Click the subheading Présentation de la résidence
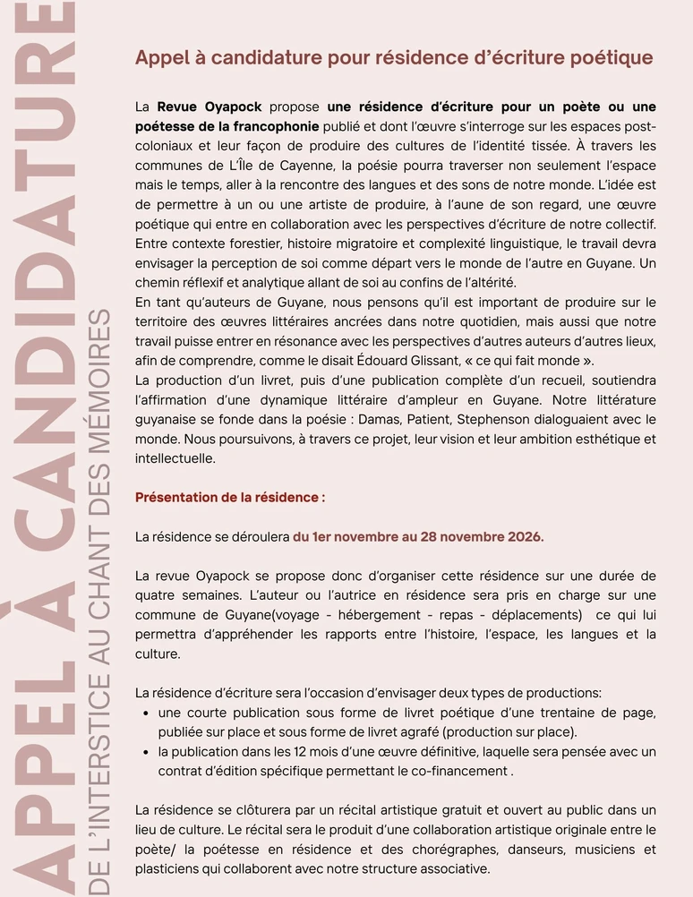(x=229, y=497)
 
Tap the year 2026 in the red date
(x=523, y=537)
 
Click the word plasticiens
(x=167, y=868)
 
